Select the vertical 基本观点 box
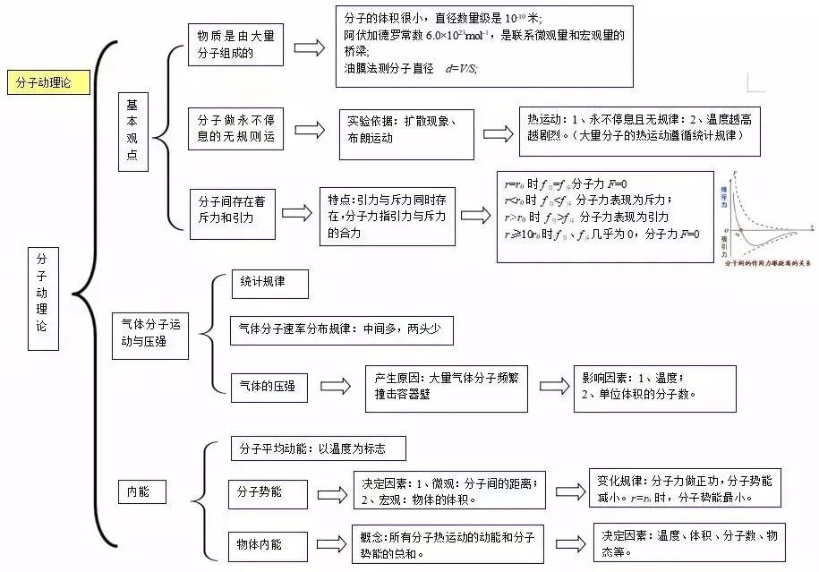pos(132,131)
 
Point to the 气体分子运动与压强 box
pos(149,334)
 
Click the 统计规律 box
pos(269,284)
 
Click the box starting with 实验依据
pos(406,131)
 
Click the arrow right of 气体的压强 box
pos(334,387)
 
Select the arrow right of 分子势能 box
pos(332,494)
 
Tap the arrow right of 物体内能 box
pos(332,543)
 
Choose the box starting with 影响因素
pos(654,388)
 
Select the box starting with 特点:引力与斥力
pos(387,215)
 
